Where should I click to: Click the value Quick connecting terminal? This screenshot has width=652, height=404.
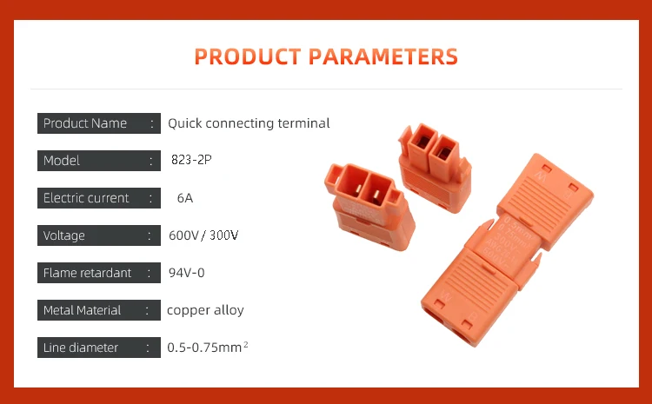[x=249, y=123]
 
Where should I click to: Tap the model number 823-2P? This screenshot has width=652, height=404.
[x=192, y=161]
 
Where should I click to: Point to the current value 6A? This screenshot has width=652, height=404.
[x=185, y=198]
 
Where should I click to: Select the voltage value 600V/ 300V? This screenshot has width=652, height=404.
[x=203, y=235]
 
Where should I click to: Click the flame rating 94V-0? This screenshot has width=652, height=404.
[x=186, y=273]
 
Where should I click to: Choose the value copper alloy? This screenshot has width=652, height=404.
[x=205, y=310]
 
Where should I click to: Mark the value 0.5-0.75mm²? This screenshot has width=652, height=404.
[x=208, y=348]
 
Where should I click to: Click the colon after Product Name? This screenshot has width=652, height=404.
[x=152, y=123]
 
